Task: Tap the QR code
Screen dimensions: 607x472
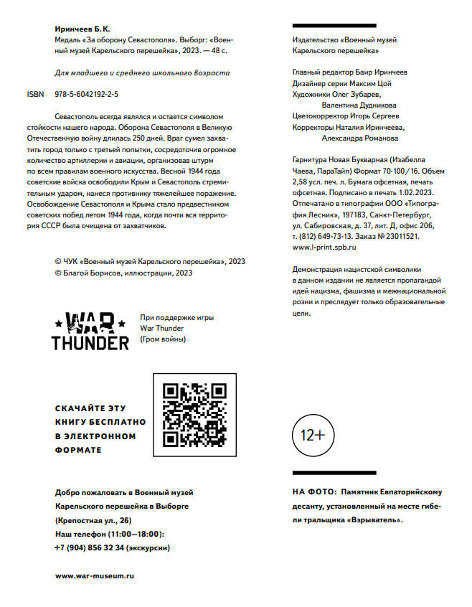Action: (195, 414)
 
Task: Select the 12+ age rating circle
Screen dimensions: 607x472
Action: (312, 435)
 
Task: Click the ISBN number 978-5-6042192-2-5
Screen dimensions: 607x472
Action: (87, 94)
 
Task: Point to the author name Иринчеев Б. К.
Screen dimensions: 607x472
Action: (82, 29)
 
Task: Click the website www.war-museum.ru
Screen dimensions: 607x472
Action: (95, 575)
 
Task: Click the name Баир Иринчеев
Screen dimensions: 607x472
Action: (381, 72)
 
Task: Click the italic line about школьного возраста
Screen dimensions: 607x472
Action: (143, 73)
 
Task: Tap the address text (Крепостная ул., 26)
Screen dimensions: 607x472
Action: (93, 520)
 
